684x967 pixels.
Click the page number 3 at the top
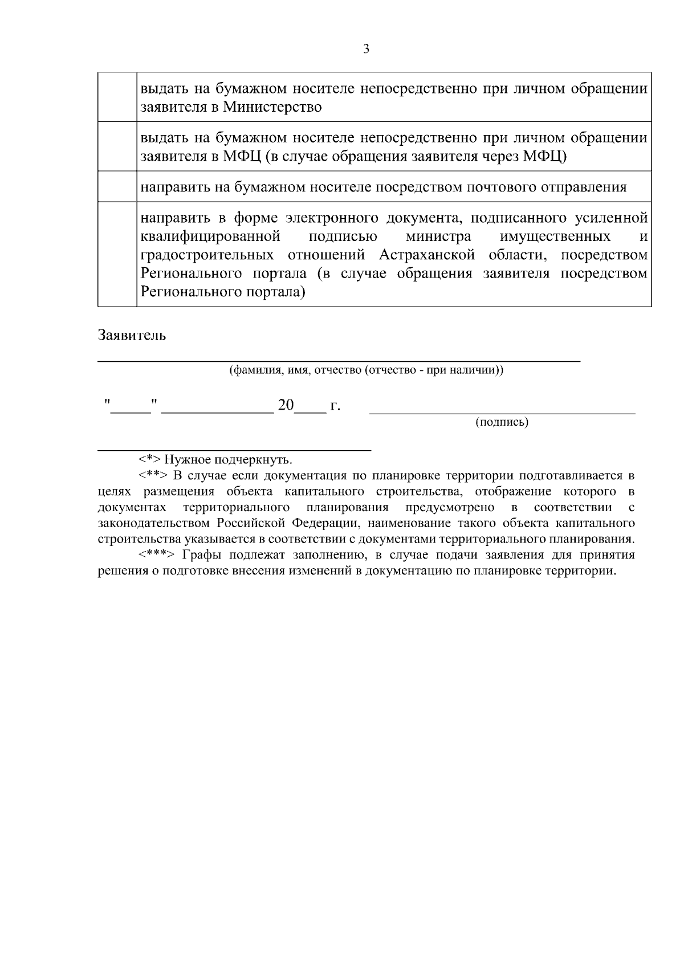[367, 49]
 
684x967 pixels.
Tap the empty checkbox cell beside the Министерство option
[117, 97]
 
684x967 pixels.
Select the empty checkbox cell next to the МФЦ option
[117, 146]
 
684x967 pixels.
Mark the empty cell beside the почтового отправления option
[117, 186]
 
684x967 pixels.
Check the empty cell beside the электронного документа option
[117, 254]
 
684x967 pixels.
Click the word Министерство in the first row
[272, 107]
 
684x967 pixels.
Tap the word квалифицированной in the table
[210, 236]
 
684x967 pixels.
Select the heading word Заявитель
[132, 335]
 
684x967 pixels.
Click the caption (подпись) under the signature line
[502, 422]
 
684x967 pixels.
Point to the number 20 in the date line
[286, 406]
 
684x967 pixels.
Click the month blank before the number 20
[217, 409]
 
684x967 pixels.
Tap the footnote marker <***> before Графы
[156, 555]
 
